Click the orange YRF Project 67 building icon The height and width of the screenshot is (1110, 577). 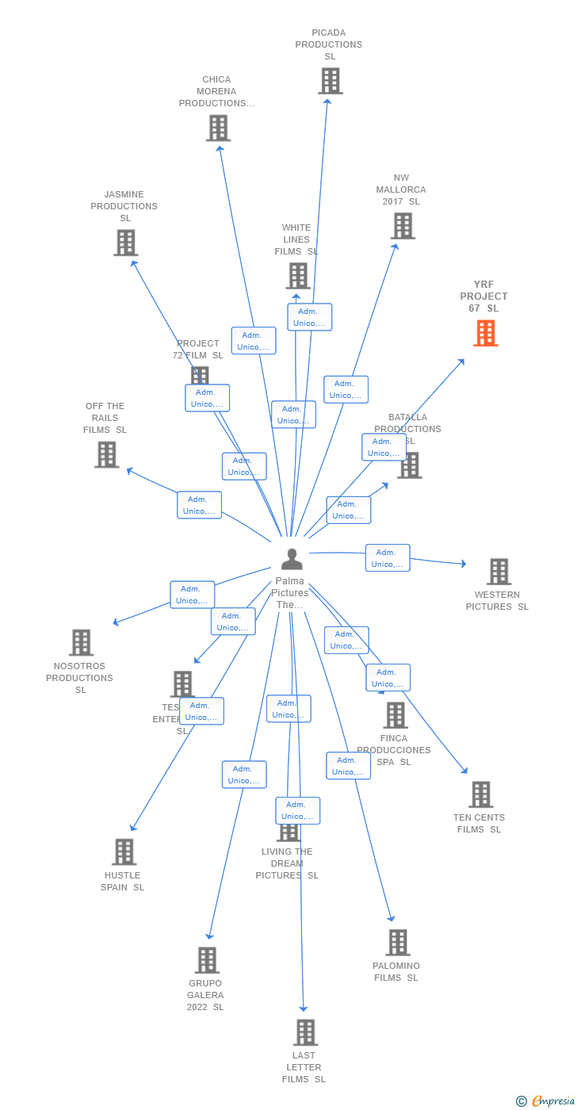tap(486, 333)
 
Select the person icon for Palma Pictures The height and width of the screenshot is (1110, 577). tap(292, 559)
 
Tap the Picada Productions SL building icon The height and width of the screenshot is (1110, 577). tap(330, 81)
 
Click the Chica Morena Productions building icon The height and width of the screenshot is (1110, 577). tap(218, 128)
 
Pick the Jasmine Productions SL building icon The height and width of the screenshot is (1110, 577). tap(125, 243)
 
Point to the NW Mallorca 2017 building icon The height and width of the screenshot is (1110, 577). tap(403, 226)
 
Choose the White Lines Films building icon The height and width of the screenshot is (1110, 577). tap(297, 276)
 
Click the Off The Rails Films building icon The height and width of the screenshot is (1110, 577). tap(106, 454)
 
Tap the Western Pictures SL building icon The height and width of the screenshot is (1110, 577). tap(499, 572)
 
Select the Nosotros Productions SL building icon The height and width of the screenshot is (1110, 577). tap(81, 642)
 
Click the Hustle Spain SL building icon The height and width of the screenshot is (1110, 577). tap(124, 852)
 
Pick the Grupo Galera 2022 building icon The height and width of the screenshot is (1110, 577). tap(206, 959)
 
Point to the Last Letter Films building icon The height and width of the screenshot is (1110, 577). tap(305, 1032)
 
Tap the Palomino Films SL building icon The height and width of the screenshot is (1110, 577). tap(397, 943)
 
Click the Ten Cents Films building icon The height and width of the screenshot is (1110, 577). tap(480, 794)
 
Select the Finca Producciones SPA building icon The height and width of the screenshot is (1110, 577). tap(395, 715)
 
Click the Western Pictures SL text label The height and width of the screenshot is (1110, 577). tap(497, 601)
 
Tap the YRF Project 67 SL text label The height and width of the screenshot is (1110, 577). tap(484, 297)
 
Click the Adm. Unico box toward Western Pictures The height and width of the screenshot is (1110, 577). tap(388, 558)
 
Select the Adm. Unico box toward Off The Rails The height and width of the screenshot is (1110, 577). tap(199, 505)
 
